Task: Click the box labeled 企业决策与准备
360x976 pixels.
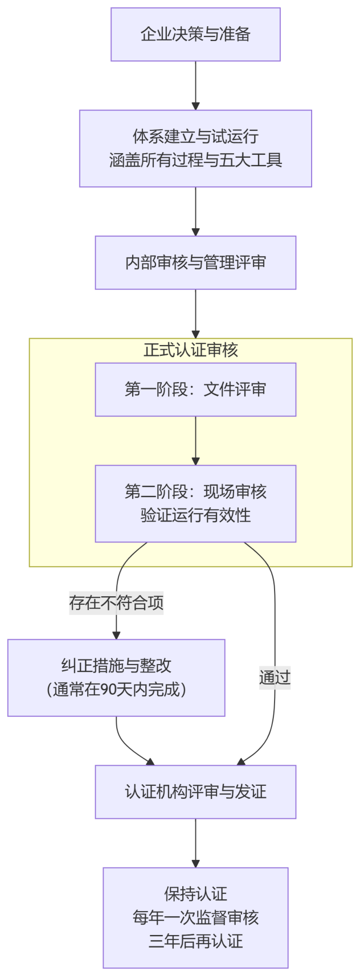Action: (195, 34)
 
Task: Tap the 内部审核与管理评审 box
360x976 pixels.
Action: (195, 263)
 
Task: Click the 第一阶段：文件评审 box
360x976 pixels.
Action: (195, 389)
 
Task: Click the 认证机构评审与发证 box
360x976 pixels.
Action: (195, 792)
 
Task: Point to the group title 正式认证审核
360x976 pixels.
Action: (191, 350)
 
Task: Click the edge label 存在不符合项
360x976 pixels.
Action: (116, 602)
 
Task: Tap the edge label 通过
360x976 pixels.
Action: (275, 678)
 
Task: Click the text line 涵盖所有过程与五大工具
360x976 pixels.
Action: (195, 161)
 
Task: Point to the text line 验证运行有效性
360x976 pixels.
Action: (195, 515)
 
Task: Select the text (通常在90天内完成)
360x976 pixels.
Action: (116, 690)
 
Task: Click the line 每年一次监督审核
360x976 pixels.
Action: (195, 917)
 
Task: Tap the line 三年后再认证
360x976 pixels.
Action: (195, 941)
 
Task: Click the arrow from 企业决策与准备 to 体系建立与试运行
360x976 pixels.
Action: (195, 85)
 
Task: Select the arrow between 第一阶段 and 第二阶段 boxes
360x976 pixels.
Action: (195, 441)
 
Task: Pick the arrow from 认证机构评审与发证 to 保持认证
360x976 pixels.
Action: (195, 843)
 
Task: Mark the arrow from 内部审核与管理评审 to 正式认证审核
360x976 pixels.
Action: (195, 314)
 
